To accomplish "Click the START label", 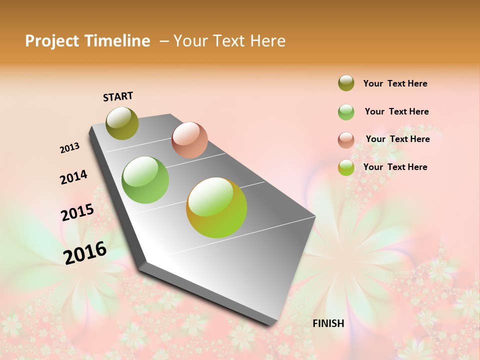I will click(x=118, y=96).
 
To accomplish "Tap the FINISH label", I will click(x=328, y=323).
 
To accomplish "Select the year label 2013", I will click(x=70, y=148).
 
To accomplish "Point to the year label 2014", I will click(x=73, y=177).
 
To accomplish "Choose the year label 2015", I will click(x=77, y=212).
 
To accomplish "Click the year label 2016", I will click(x=85, y=253).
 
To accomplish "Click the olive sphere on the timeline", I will click(x=122, y=123).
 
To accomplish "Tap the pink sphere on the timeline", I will click(x=189, y=140).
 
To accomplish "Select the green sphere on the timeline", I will click(x=145, y=180).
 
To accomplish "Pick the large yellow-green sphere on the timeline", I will click(x=216, y=207).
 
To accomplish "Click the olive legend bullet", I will click(x=346, y=83).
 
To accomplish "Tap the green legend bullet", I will click(x=346, y=112).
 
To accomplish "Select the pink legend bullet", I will click(x=346, y=140).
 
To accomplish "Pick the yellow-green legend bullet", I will click(x=346, y=167).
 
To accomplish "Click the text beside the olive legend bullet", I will click(x=395, y=83).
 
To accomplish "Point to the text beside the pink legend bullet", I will click(x=397, y=139).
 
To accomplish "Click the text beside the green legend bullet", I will click(x=396, y=111).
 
